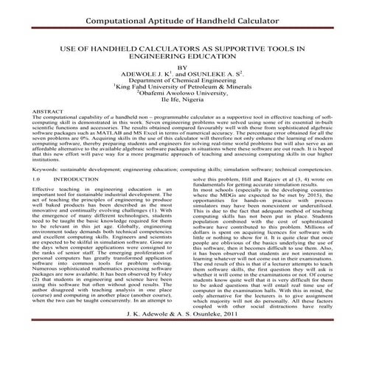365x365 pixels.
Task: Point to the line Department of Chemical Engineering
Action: tap(182, 82)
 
